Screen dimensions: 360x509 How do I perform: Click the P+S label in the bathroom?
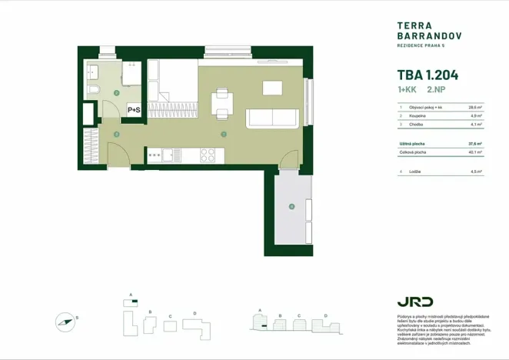(134, 110)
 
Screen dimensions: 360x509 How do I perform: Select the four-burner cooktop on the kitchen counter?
(208, 154)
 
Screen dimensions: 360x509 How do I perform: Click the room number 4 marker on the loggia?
(291, 206)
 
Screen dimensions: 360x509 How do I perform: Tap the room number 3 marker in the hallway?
(116, 135)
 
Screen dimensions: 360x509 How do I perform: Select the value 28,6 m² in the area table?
(474, 108)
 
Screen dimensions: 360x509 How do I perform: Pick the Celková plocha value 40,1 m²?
(474, 152)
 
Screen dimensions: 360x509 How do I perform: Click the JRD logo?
(414, 302)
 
